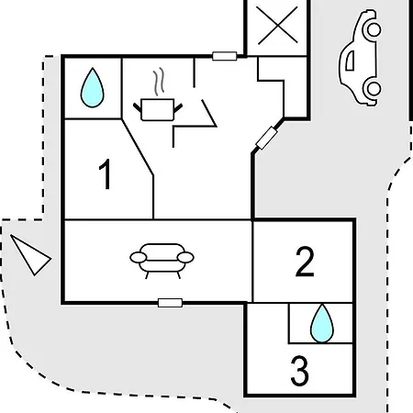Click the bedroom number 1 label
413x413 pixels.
[x=106, y=174]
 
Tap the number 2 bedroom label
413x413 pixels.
[x=305, y=262]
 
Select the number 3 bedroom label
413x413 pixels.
[x=299, y=371]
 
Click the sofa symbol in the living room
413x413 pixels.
[x=162, y=261]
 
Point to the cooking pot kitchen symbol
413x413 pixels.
[x=158, y=109]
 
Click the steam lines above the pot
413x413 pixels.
[x=159, y=82]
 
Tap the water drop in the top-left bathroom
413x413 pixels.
[x=92, y=88]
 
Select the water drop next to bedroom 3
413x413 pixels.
[x=322, y=323]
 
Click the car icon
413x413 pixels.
[x=361, y=58]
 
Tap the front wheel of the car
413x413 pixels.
[x=374, y=29]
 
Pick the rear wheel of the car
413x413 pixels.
[x=374, y=88]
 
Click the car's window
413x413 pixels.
[x=351, y=61]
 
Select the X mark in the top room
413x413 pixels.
[x=277, y=26]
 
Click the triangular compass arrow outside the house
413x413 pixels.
[x=30, y=255]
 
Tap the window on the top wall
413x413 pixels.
[x=225, y=56]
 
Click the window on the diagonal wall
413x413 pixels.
[x=266, y=138]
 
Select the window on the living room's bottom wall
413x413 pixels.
[x=170, y=303]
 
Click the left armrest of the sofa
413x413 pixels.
[x=139, y=258]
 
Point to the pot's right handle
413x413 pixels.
[x=178, y=107]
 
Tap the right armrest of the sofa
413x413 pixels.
[x=185, y=258]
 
